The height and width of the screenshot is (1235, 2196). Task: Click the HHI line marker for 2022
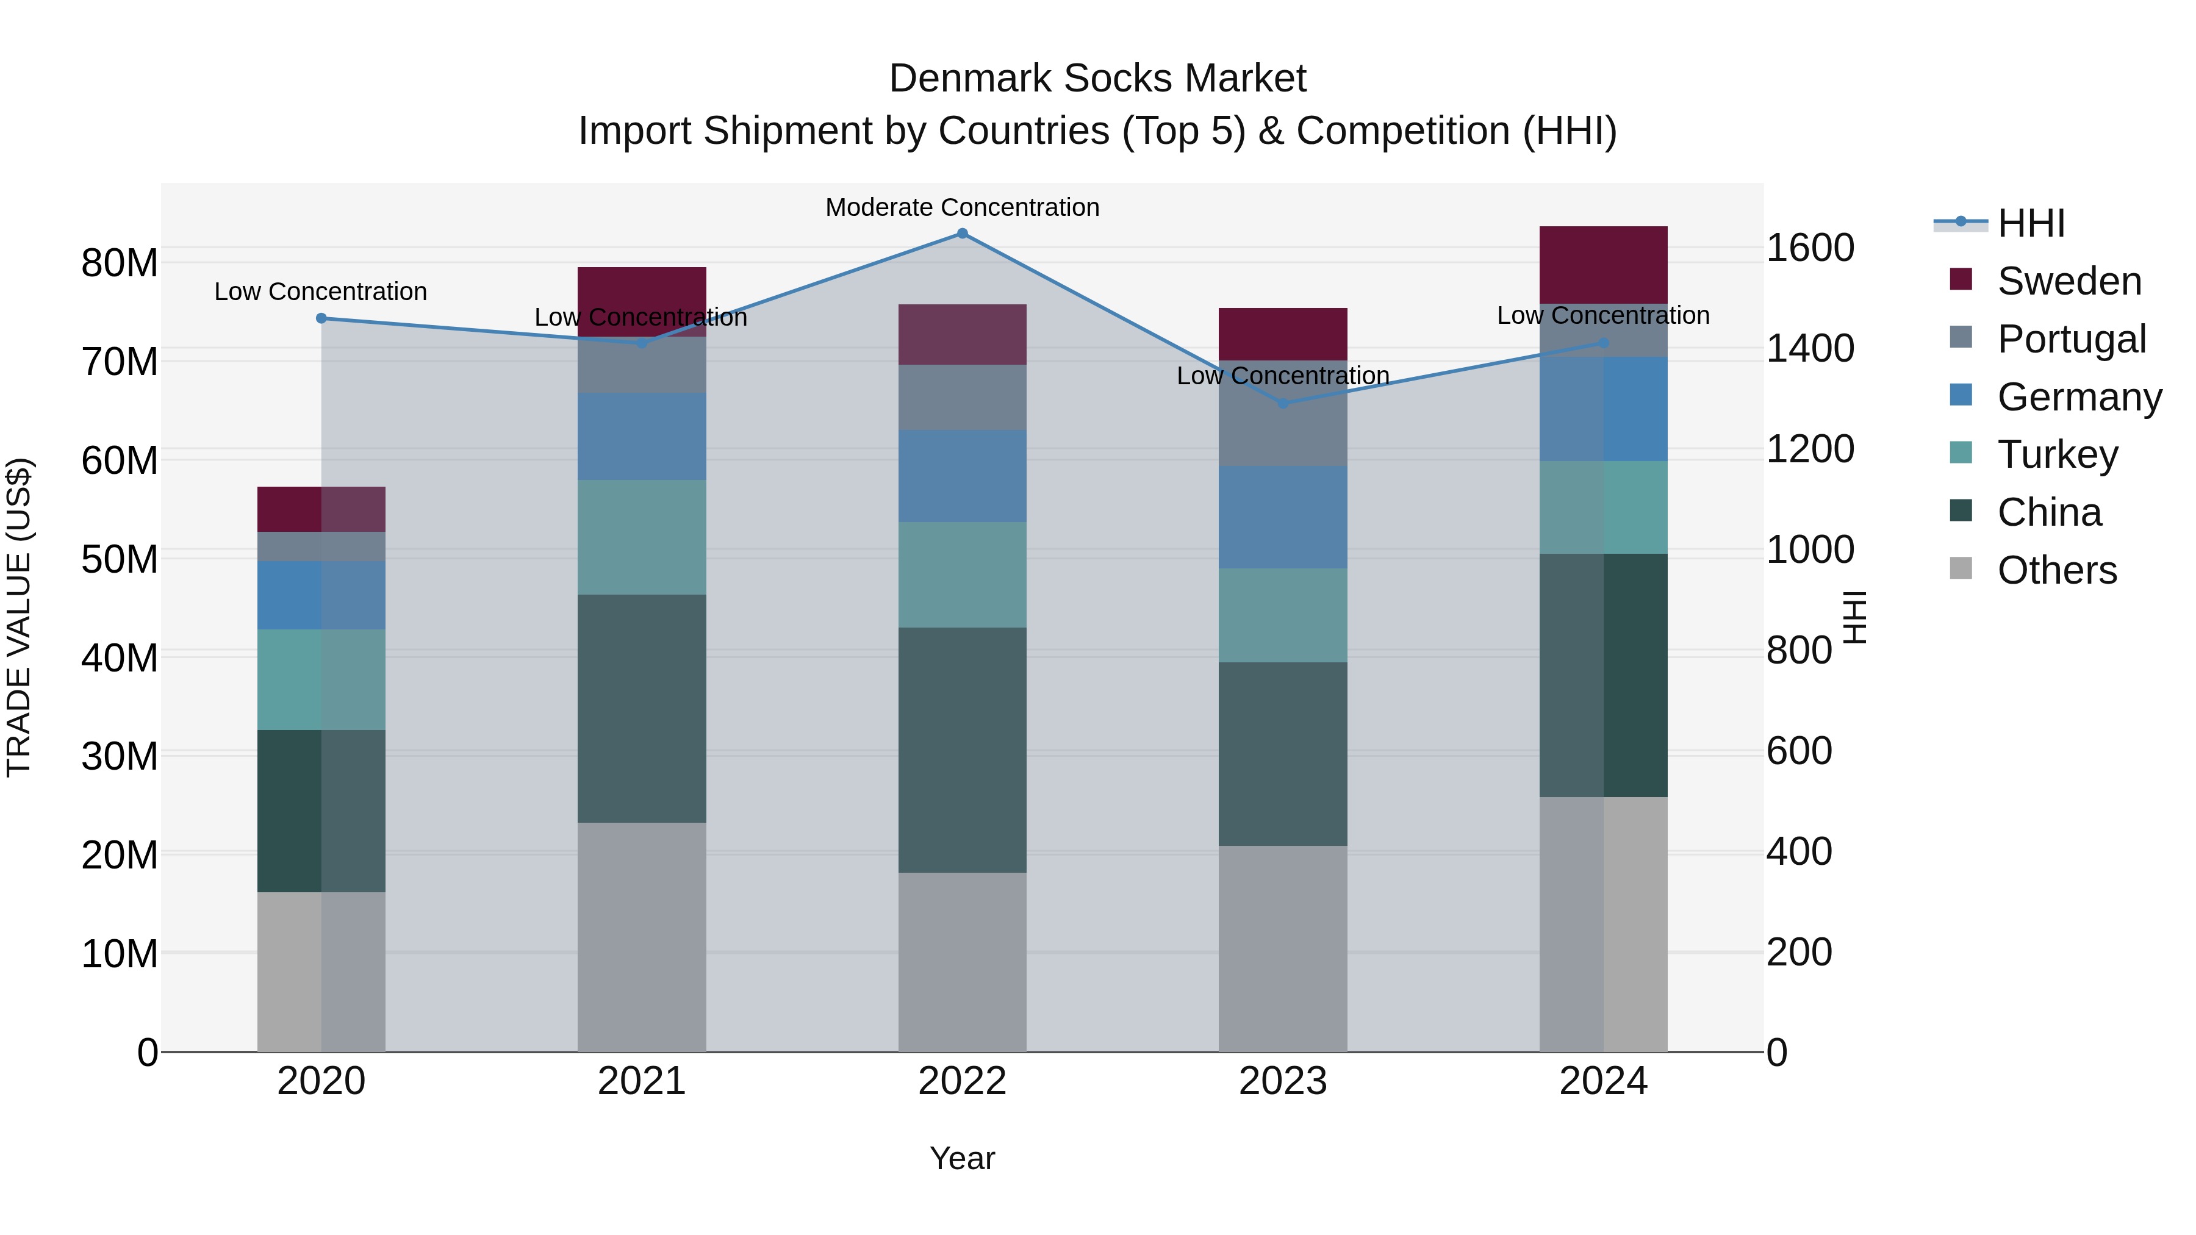tap(963, 234)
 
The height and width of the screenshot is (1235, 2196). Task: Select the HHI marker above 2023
tap(1283, 403)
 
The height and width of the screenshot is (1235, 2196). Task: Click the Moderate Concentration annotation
tap(963, 207)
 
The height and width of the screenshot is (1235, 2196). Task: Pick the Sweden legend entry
tap(2069, 281)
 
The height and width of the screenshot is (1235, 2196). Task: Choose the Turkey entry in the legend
tap(2057, 454)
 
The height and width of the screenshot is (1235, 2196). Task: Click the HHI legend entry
tap(2031, 223)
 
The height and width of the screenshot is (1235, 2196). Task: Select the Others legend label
tap(2057, 570)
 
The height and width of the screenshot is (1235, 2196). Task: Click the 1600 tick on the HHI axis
tap(1810, 248)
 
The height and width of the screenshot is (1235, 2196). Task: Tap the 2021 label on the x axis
tap(642, 1081)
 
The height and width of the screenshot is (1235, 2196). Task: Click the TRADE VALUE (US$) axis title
tap(20, 617)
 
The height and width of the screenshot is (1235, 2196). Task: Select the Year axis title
tap(963, 1158)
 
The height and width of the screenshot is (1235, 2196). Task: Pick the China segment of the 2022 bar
tap(963, 750)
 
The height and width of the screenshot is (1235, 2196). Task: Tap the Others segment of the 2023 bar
tap(1283, 948)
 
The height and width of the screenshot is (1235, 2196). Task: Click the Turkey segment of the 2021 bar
tap(642, 537)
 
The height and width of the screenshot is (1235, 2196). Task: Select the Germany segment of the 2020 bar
tap(321, 595)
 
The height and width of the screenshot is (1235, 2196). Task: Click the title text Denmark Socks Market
tap(1097, 79)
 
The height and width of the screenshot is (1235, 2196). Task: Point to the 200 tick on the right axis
tap(1799, 952)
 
